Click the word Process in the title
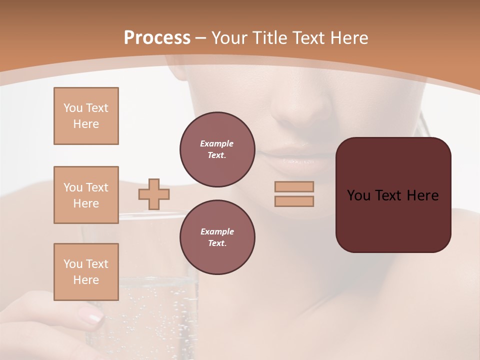point(157,38)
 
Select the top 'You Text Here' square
point(86,116)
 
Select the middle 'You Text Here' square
point(86,195)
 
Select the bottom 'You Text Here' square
point(86,272)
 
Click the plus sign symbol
point(154,194)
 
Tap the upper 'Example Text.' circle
point(217,149)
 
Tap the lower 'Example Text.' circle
point(217,237)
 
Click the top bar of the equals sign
point(294,187)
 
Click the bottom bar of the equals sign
point(294,201)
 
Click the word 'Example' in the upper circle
point(217,143)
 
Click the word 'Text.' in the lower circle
point(217,243)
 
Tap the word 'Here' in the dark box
point(422,195)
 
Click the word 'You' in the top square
point(72,108)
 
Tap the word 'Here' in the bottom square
point(86,280)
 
